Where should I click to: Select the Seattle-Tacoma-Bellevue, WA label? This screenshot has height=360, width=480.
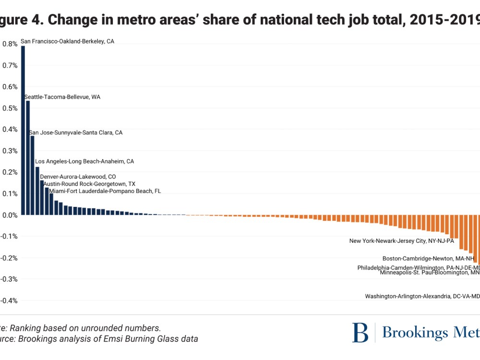[x=62, y=97]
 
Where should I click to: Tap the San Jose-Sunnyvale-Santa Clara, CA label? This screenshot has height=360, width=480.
[x=76, y=132]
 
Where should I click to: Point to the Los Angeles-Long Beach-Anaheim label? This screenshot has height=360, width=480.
[x=84, y=161]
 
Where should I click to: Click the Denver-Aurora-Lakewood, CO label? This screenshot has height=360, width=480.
[x=78, y=177]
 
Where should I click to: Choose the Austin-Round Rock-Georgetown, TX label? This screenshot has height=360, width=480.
[x=89, y=184]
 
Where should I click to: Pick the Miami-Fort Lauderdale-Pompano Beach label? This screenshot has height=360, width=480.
[x=105, y=191]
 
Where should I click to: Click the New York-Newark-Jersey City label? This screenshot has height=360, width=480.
[x=401, y=241]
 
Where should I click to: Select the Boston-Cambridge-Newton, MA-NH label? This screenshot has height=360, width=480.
[x=428, y=258]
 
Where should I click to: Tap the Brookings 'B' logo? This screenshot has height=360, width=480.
[x=360, y=333]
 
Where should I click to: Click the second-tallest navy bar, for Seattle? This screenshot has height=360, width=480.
[x=27, y=158]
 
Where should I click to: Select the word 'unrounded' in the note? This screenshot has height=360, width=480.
[x=103, y=328]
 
